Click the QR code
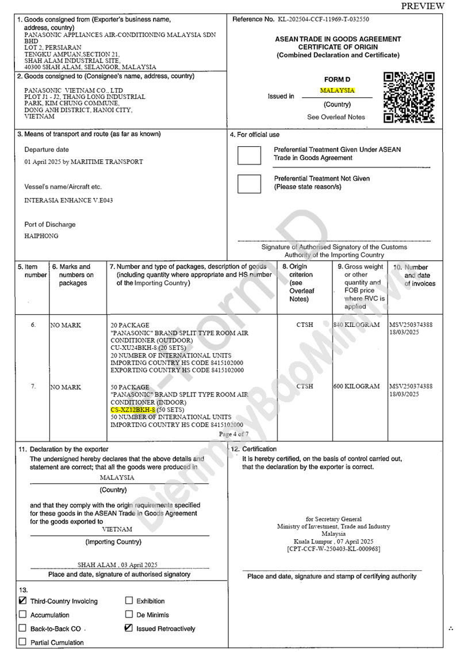(409, 97)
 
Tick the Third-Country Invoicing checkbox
(23, 601)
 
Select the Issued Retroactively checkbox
(129, 628)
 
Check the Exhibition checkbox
(129, 601)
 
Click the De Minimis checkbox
(129, 615)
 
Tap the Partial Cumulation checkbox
(23, 642)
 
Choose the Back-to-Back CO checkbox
(23, 628)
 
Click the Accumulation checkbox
(23, 615)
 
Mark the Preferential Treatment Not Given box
(249, 183)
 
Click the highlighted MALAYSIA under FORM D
(338, 90)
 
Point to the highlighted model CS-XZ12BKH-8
(133, 409)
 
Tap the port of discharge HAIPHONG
(41, 236)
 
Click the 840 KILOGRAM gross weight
(356, 325)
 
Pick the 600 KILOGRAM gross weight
(356, 386)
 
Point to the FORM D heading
(337, 79)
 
